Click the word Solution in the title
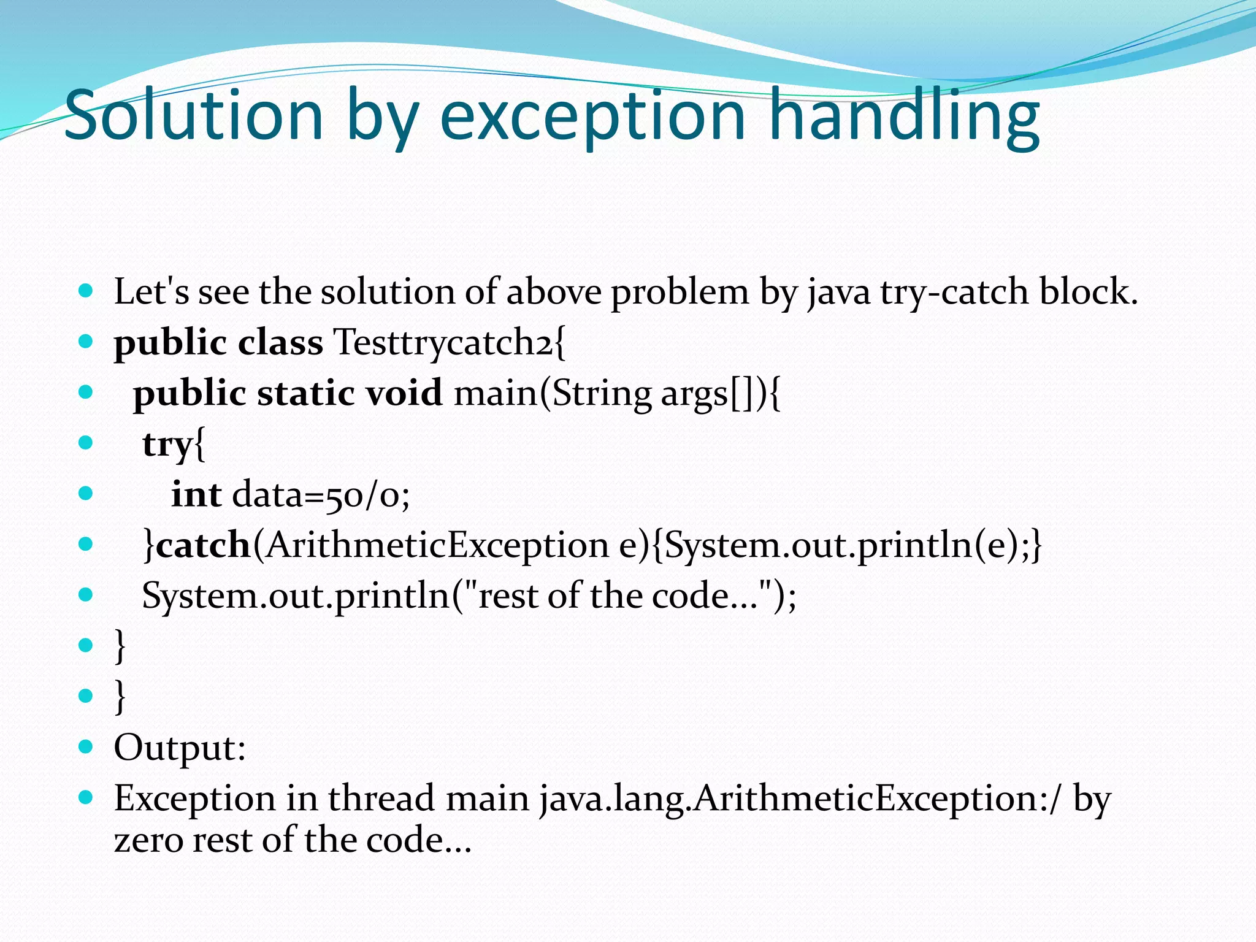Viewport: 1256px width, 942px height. tap(193, 115)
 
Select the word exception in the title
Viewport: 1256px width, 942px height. tap(592, 117)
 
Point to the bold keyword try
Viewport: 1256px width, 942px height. tap(167, 445)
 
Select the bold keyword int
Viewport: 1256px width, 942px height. tap(196, 494)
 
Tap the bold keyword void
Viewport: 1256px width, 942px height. tap(404, 393)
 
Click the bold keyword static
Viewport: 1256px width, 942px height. tap(306, 393)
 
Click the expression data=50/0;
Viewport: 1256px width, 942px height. tap(321, 494)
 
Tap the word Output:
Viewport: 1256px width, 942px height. tap(180, 748)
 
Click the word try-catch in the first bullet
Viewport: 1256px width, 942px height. tap(954, 292)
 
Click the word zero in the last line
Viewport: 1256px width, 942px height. tap(148, 840)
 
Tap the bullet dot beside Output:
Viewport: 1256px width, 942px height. tap(86, 746)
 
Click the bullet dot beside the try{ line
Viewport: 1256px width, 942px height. tap(86, 442)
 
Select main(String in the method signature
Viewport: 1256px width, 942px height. tap(553, 393)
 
